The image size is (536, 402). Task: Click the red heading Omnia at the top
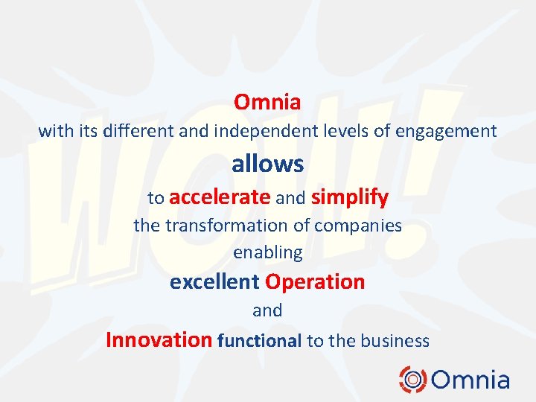click(267, 102)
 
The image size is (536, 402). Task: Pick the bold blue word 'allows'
click(267, 164)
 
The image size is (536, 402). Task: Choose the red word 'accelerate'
click(220, 197)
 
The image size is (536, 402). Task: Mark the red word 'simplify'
click(350, 197)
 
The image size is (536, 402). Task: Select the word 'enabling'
click(267, 253)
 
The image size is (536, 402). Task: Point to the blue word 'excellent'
click(214, 282)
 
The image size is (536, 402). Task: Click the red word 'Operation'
click(315, 282)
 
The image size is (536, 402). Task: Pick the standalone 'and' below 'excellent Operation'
click(267, 310)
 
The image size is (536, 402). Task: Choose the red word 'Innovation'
click(159, 340)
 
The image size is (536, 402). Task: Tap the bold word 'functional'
click(259, 341)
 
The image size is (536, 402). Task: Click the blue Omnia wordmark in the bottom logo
click(470, 380)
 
